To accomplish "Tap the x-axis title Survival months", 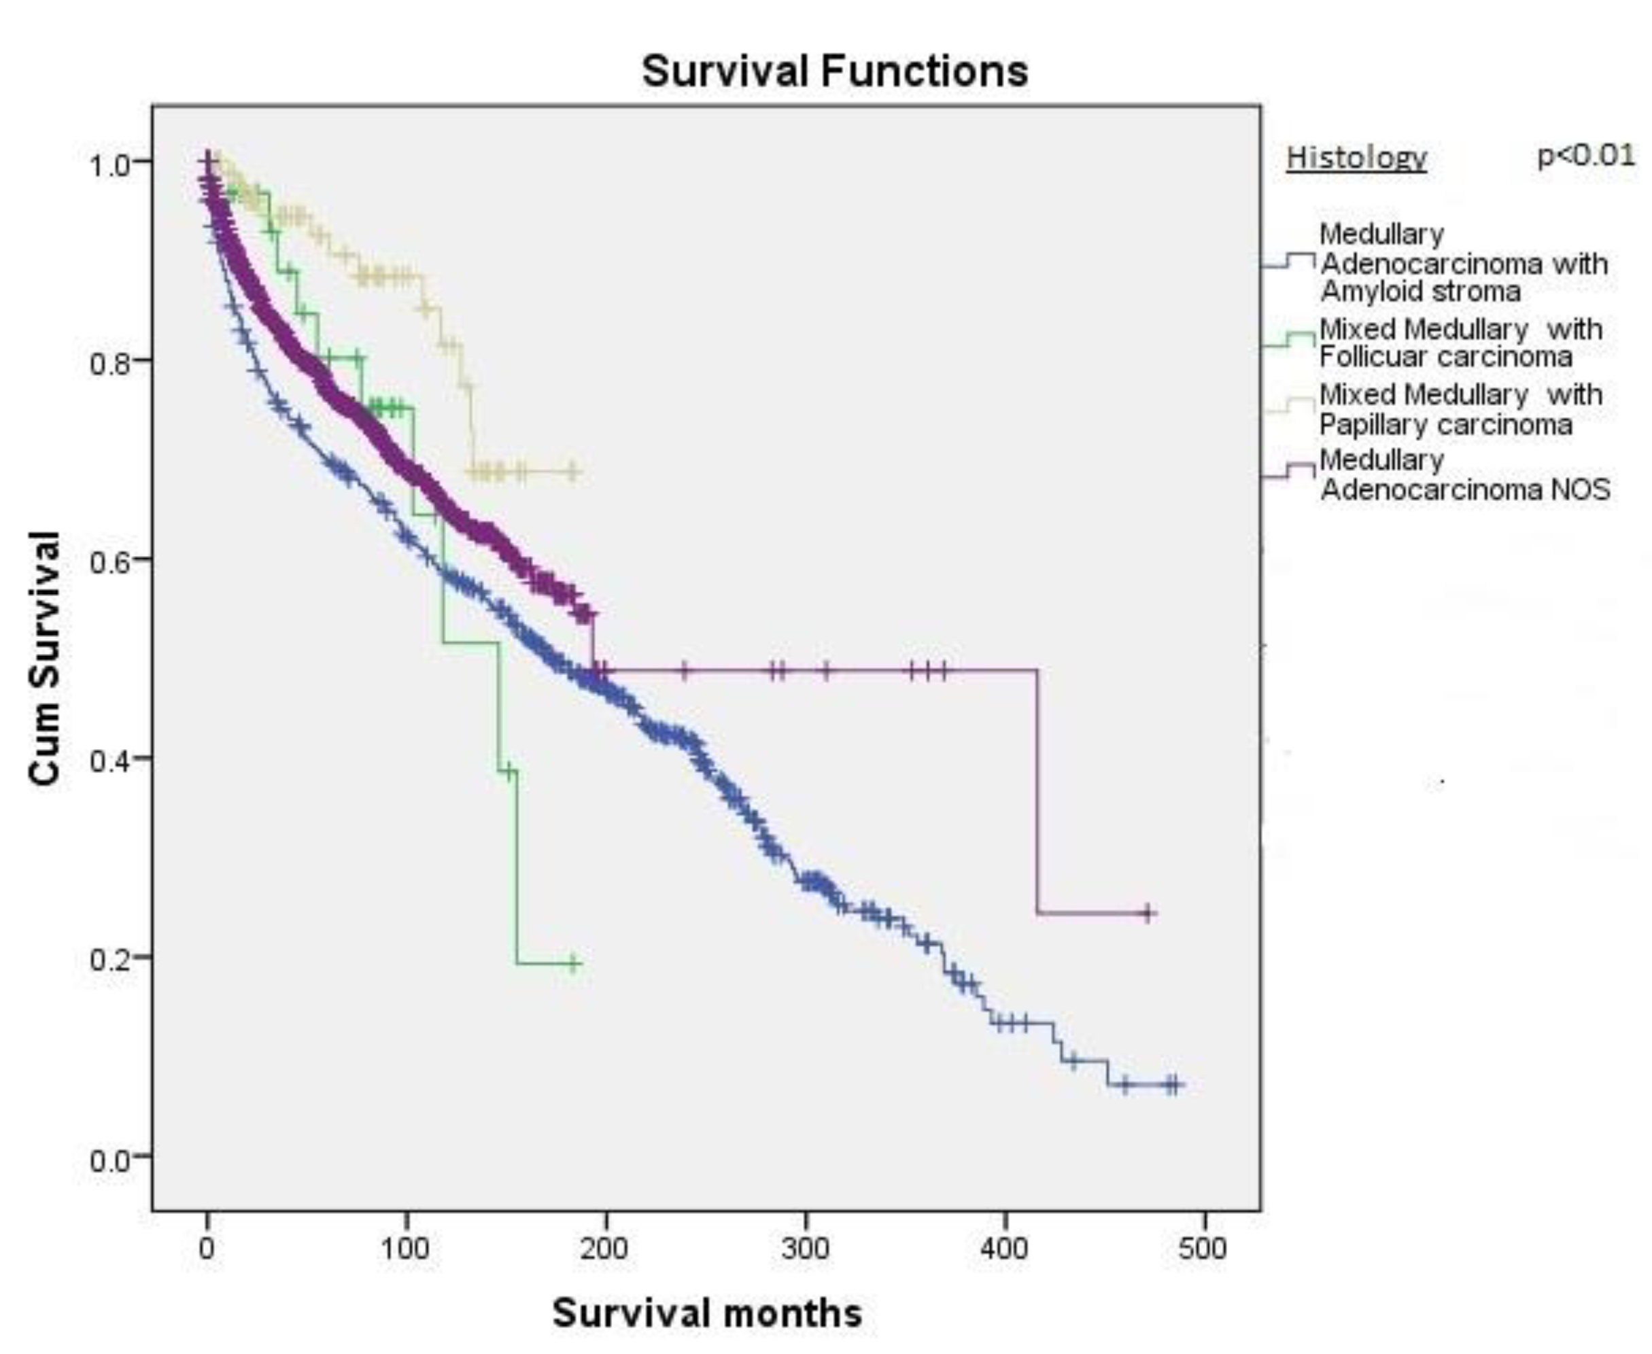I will tap(706, 1313).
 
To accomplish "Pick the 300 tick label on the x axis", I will tap(804, 1248).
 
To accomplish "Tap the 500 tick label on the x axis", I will tap(1202, 1248).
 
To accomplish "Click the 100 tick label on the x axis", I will tap(405, 1248).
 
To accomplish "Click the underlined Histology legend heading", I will tap(1356, 158).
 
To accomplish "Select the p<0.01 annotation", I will tap(1585, 155).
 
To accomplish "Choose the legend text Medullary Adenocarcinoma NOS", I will tap(1464, 475).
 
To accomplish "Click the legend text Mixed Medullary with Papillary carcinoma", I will tap(1460, 409).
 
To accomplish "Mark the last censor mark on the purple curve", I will tap(1148, 913).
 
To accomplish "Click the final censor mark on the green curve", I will tap(573, 963).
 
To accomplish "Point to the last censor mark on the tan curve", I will tap(572, 472).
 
